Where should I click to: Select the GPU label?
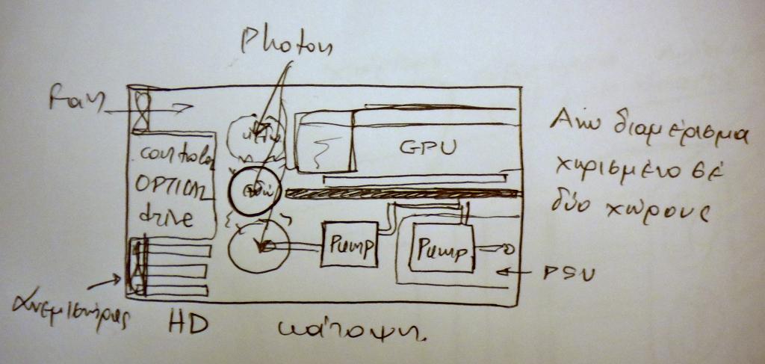(427, 148)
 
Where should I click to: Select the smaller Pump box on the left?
(348, 244)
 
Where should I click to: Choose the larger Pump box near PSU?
(442, 247)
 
